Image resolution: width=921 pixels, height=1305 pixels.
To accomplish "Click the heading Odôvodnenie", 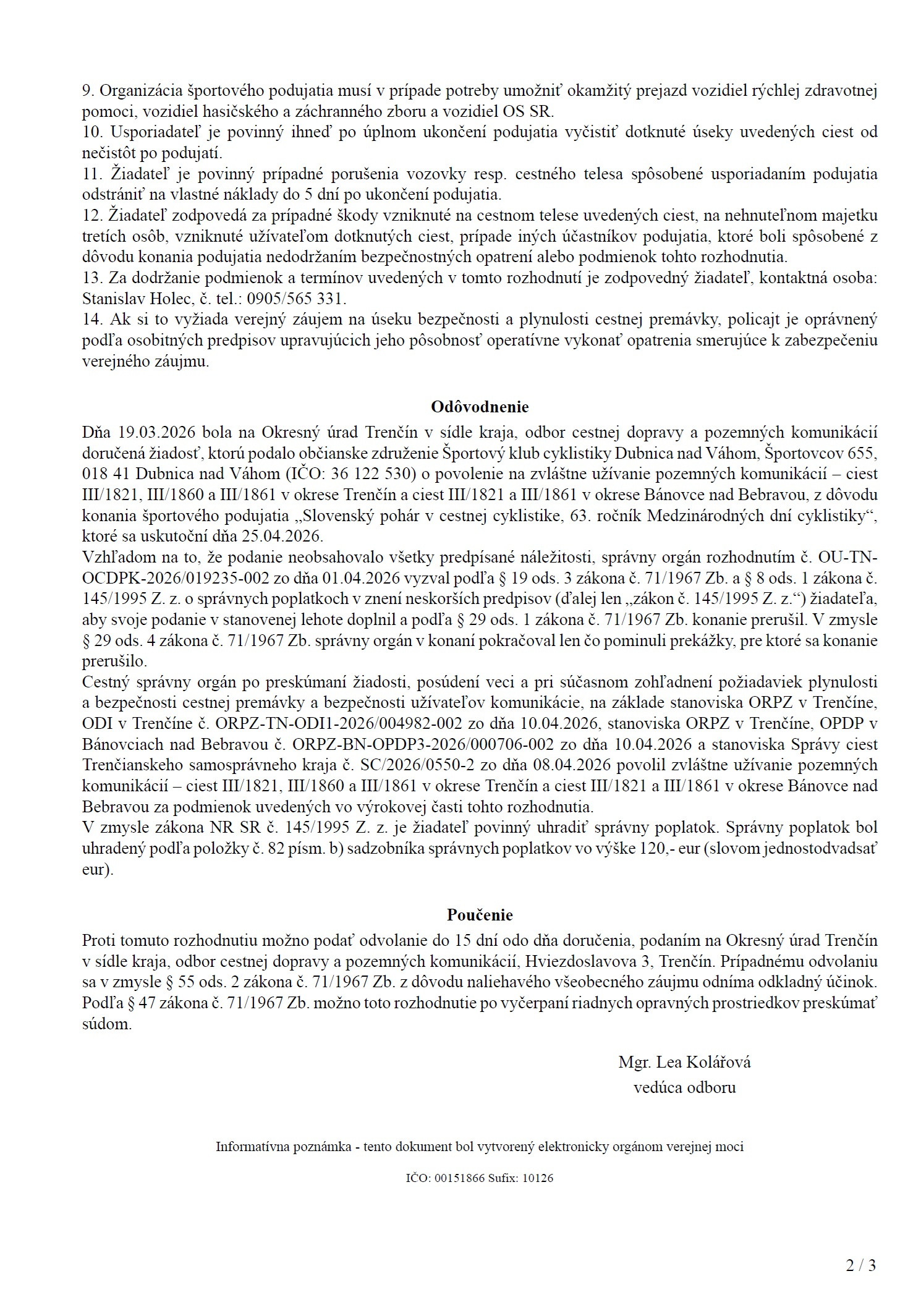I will point(479,407).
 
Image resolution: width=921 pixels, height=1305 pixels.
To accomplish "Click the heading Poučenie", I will point(480,914).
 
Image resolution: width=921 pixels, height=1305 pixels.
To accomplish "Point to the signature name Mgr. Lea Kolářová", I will point(684,1062).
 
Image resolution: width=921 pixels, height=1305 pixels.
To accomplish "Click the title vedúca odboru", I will point(684,1087).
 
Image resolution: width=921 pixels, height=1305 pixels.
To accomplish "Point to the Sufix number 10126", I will point(538,1178).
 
